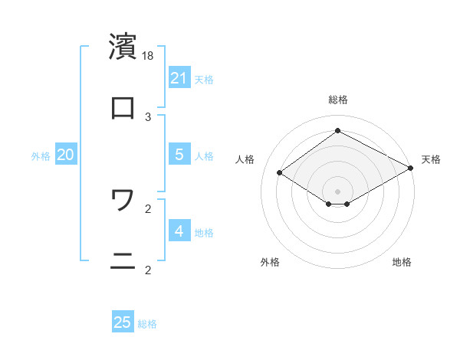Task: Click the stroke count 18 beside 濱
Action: (149, 55)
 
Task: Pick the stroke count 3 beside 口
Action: (149, 116)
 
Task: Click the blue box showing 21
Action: (179, 78)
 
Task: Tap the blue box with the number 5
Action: (179, 155)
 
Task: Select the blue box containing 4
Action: (179, 231)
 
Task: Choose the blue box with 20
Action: (66, 155)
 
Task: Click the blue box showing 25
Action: (123, 322)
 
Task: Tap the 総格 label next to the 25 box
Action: (147, 324)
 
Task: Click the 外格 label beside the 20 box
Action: (41, 156)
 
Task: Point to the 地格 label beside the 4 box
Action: (204, 233)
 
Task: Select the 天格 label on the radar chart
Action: (431, 159)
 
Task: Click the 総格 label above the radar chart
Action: (338, 100)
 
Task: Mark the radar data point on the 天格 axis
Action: (410, 169)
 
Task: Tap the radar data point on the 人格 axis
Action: (280, 173)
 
